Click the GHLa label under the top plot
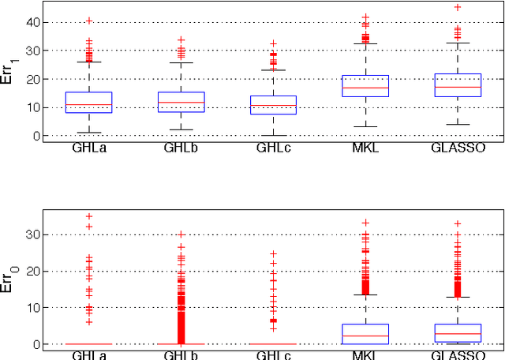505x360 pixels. pyautogui.click(x=88, y=148)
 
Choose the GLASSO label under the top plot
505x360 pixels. pyautogui.click(x=457, y=148)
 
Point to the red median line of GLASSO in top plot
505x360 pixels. pyautogui.click(x=457, y=87)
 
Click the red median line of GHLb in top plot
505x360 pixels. pyautogui.click(x=181, y=102)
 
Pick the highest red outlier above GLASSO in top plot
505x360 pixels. pyautogui.click(x=457, y=7)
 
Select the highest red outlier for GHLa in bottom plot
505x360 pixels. pyautogui.click(x=88, y=216)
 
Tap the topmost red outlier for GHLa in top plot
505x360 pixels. pyautogui.click(x=88, y=21)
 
